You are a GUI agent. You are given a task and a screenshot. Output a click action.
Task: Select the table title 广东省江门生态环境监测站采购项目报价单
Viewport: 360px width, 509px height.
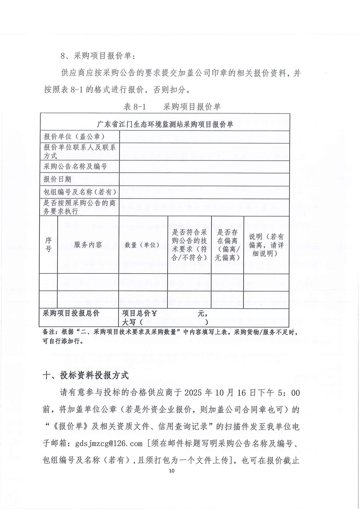click(x=165, y=124)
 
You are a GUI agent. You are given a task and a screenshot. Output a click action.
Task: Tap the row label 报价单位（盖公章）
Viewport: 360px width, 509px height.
click(x=72, y=136)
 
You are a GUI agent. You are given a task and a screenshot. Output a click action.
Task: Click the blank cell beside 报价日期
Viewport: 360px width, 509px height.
click(x=204, y=179)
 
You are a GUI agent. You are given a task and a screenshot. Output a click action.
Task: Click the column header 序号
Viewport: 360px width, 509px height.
click(x=48, y=244)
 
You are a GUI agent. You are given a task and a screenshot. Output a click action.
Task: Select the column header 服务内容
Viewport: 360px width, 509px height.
click(x=88, y=245)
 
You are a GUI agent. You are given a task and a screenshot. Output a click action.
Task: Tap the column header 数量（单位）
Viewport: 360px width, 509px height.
click(x=142, y=245)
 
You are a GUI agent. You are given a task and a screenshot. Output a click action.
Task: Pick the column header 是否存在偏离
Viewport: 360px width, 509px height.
click(x=227, y=245)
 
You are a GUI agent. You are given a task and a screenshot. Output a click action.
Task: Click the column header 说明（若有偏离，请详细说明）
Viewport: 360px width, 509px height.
click(x=266, y=245)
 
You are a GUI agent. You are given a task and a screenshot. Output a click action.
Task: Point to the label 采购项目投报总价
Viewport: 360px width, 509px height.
click(x=71, y=313)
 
